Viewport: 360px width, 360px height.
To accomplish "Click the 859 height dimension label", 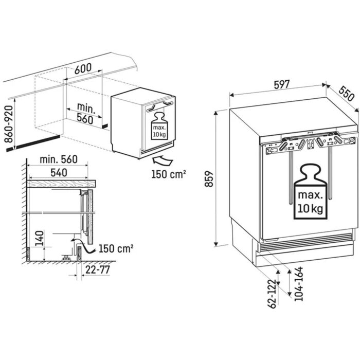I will click(x=209, y=177).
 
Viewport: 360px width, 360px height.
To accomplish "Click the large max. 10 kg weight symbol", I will click(x=310, y=190).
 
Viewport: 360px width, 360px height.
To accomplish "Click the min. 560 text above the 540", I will click(x=59, y=159).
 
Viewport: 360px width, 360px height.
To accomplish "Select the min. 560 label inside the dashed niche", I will click(x=83, y=113).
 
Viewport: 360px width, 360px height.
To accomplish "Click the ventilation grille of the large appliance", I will click(x=304, y=245).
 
